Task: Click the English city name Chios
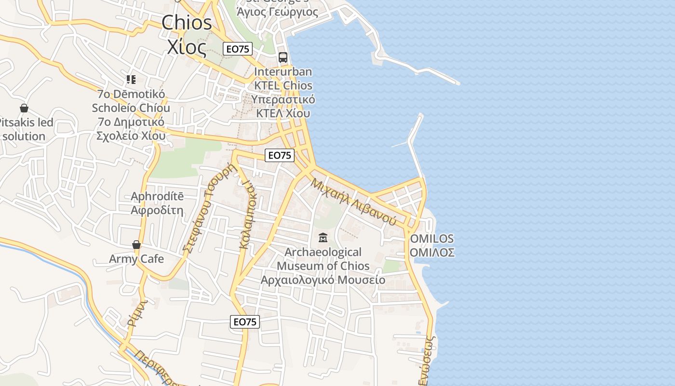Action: click(187, 23)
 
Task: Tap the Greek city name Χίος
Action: click(187, 46)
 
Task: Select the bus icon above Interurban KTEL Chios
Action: click(283, 57)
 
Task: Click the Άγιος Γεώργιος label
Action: click(278, 12)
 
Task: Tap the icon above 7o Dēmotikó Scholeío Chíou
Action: click(131, 79)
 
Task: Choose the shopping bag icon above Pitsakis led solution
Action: click(24, 108)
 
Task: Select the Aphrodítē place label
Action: click(157, 196)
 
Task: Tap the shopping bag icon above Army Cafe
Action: click(136, 245)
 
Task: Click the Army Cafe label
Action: click(136, 259)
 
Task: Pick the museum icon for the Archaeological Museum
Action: click(323, 238)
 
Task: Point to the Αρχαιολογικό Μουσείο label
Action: click(323, 280)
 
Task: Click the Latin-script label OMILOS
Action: click(432, 239)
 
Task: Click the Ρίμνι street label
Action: click(136, 313)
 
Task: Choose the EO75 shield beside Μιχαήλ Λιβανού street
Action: click(280, 155)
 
